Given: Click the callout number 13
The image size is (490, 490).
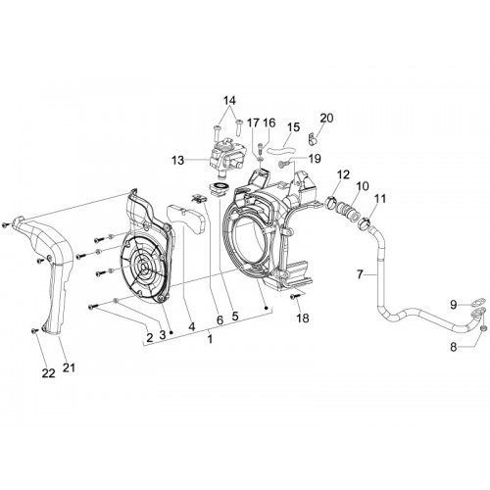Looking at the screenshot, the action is [178, 161].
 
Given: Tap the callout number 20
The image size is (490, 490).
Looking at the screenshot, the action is [326, 118].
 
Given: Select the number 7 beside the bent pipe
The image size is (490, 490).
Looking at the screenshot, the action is [360, 274].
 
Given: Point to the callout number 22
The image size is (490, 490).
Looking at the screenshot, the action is [49, 373].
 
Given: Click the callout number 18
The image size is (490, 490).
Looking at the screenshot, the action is [303, 318].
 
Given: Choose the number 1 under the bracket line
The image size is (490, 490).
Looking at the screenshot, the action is [210, 339].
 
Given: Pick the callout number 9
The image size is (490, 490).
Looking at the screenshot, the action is [454, 305].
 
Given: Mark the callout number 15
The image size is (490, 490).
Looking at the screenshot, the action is [293, 127].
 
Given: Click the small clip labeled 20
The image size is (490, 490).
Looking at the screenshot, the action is [313, 139].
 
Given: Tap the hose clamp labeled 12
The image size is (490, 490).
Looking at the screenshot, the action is [331, 203].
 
